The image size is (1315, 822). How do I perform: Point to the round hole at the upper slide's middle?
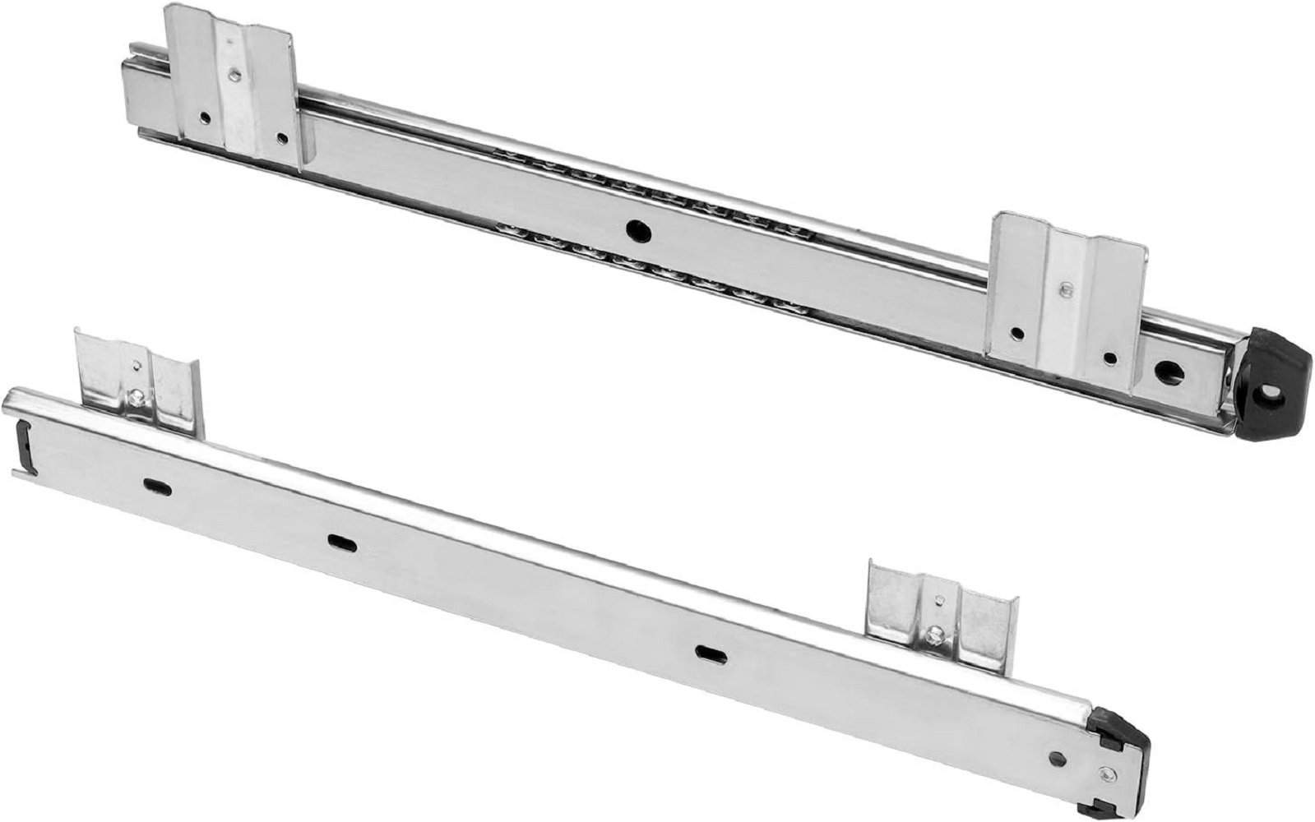pyautogui.click(x=635, y=230)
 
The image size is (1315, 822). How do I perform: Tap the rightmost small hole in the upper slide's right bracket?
pyautogui.click(x=1110, y=358)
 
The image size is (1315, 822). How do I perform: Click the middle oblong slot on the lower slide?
pyautogui.click(x=338, y=541)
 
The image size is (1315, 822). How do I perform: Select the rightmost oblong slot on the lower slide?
pyautogui.click(x=706, y=652)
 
